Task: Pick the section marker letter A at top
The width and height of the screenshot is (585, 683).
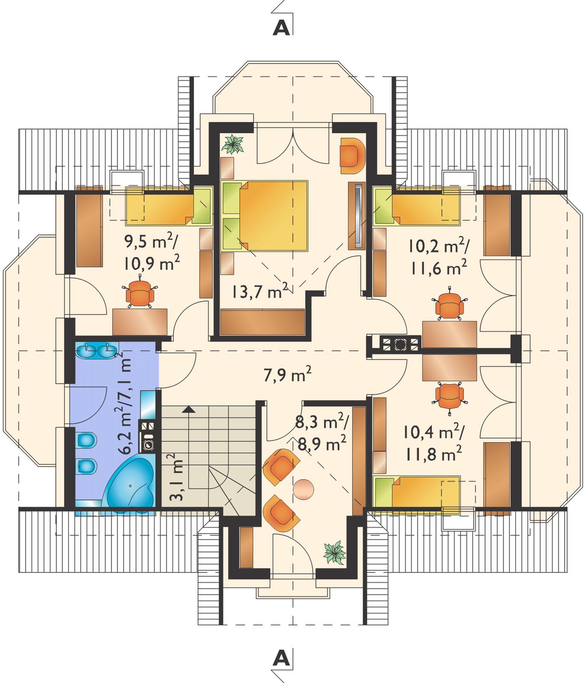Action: point(281,27)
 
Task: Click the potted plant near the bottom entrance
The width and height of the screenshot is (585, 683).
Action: point(334,553)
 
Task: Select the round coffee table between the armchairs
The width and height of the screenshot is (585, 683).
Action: point(304,489)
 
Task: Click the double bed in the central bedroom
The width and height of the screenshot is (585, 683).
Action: point(264,216)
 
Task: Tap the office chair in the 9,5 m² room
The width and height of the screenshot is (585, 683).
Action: point(140,293)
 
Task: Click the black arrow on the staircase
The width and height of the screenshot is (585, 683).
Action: point(189,410)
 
